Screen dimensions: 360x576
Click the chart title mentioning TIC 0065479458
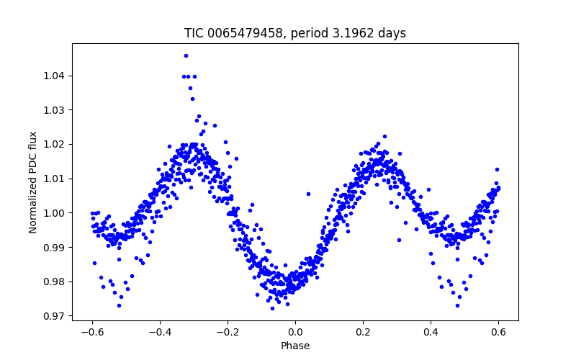(x=295, y=33)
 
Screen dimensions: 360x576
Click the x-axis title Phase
(x=295, y=346)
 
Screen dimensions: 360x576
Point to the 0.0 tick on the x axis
(x=295, y=332)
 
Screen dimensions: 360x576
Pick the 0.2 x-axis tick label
(x=363, y=332)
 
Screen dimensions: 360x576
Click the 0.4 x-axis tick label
(x=431, y=332)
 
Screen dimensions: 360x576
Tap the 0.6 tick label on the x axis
(x=498, y=332)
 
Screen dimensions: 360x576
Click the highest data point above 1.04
(x=186, y=55)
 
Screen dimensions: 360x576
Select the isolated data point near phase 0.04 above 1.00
(x=308, y=194)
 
